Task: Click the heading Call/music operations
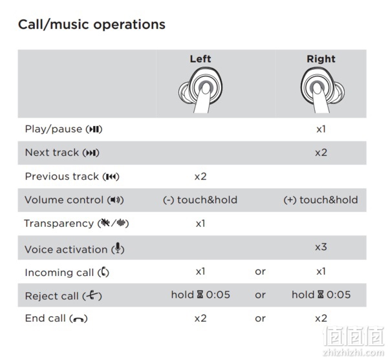pos(92,25)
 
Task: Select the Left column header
pos(200,59)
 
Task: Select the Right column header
pos(321,59)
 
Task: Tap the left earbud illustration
pos(200,90)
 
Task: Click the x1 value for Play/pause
pos(321,129)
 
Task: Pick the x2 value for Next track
pos(321,153)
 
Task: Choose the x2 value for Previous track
pos(200,176)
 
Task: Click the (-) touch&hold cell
pos(200,200)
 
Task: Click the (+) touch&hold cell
pos(321,200)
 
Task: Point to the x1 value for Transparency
pos(200,224)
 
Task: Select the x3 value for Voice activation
pos(321,247)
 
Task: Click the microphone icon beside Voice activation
pos(118,248)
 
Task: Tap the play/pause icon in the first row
pos(94,129)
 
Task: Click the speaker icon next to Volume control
pos(115,200)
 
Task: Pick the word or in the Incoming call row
pos(260,271)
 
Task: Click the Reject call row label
pos(63,296)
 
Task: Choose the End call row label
pos(56,318)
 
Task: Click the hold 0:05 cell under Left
pos(200,295)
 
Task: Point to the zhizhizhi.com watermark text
pos(353,352)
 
